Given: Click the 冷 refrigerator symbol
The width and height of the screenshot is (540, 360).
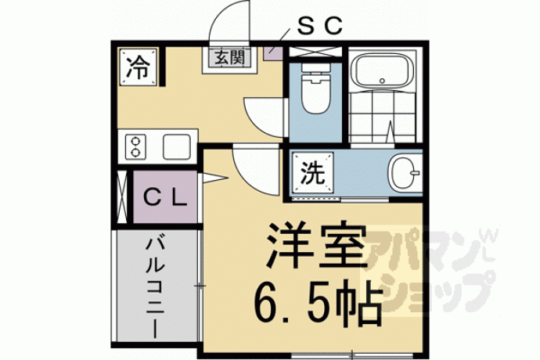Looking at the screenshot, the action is [139, 67].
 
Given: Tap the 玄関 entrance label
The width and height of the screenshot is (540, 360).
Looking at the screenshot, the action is [229, 58].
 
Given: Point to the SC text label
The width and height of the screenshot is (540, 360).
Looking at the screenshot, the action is [319, 26].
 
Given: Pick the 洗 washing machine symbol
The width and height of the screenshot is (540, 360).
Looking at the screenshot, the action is [313, 173].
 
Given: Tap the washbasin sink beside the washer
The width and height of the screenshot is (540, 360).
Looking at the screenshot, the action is [405, 172].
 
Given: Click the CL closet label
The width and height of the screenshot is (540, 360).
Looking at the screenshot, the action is [165, 198].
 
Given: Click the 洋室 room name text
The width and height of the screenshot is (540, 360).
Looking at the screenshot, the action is [315, 247].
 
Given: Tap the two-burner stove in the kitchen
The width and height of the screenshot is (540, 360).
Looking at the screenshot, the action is [135, 147].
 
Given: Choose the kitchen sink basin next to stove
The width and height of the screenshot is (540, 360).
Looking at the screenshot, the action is [177, 147].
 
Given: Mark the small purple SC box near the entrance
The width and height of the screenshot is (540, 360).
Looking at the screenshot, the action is [273, 52].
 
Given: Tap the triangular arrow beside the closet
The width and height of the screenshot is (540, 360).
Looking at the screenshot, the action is [214, 178].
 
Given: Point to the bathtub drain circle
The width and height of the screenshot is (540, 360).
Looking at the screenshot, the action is [382, 81].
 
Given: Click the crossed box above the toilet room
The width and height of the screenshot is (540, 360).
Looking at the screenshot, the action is [315, 52].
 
